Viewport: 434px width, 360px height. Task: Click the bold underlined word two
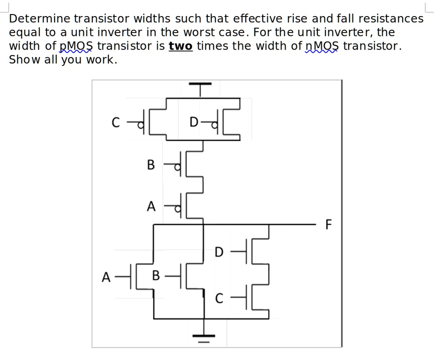[181, 46]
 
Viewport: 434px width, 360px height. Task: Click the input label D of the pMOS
[193, 123]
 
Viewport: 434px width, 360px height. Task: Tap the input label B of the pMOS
[150, 165]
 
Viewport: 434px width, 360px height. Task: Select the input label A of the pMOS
[150, 206]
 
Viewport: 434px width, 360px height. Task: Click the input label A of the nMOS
[106, 277]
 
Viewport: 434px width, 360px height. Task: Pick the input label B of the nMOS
[156, 277]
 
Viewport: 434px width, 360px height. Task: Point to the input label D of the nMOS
[219, 252]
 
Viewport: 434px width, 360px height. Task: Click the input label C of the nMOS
[219, 299]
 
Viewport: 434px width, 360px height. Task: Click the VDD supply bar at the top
[200, 85]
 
